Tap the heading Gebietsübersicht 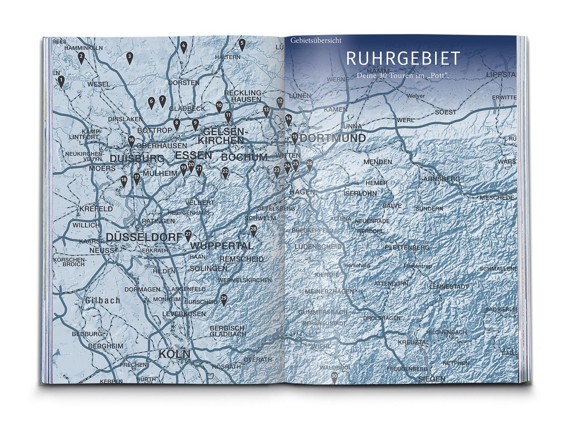(x=316, y=40)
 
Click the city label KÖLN (x=174, y=354)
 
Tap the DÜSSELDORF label (x=145, y=237)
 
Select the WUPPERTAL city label (x=222, y=246)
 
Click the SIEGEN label (x=431, y=379)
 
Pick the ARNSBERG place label (x=441, y=179)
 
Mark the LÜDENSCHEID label (x=318, y=246)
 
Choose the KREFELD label (x=96, y=208)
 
